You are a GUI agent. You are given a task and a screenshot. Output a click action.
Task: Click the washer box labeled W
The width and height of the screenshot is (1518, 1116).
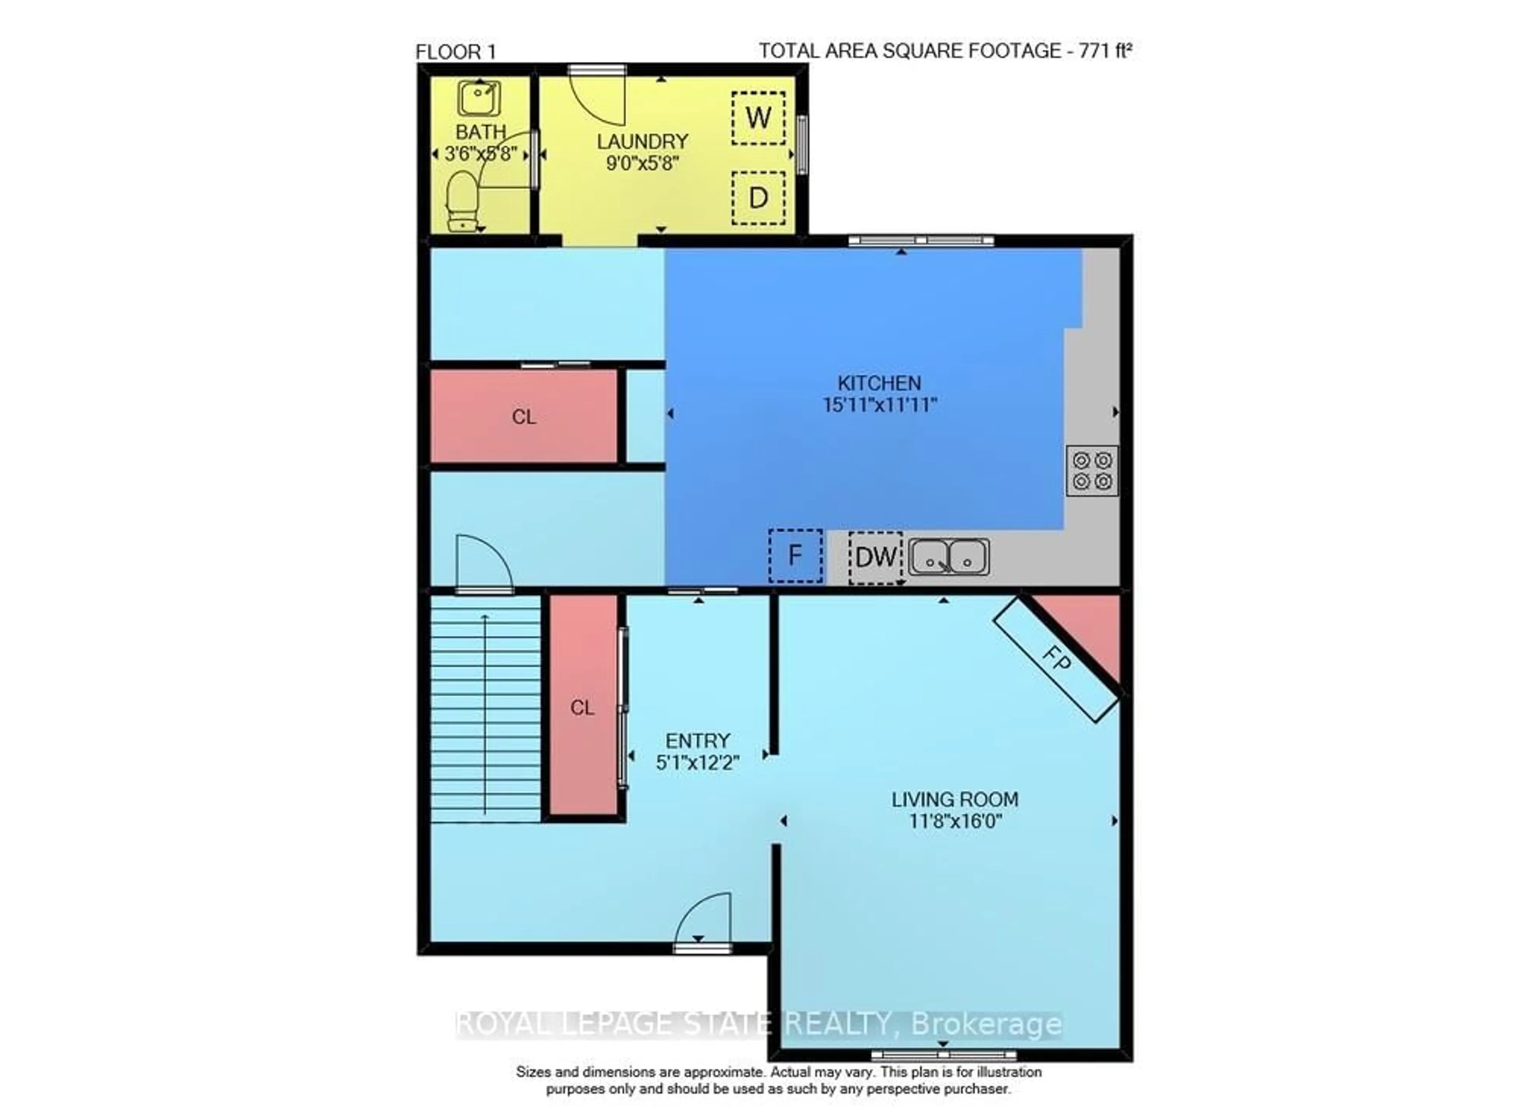(x=758, y=118)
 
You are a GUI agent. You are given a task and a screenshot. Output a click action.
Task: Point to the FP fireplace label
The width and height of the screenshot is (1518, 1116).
(x=1057, y=659)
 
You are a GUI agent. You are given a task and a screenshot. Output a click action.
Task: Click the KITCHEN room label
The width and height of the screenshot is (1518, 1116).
(x=879, y=383)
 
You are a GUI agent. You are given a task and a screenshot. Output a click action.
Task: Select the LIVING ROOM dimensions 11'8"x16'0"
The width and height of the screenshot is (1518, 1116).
(x=954, y=821)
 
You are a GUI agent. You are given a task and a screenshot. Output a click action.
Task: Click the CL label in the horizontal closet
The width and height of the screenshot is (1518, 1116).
(x=524, y=417)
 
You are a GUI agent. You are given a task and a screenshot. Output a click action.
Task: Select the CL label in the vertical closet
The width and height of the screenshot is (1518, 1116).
(x=582, y=708)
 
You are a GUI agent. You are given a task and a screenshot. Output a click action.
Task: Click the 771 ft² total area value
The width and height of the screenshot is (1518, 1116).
(x=1105, y=51)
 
